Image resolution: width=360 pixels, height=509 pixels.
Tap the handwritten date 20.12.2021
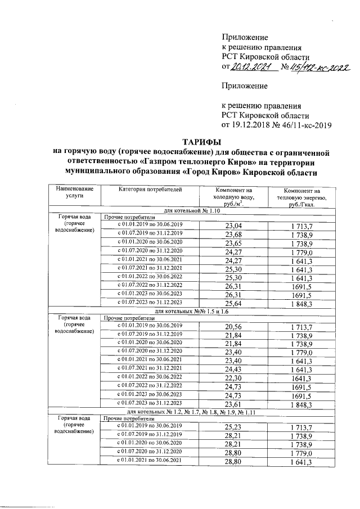point(252,67)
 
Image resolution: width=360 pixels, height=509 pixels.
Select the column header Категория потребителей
point(150,190)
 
